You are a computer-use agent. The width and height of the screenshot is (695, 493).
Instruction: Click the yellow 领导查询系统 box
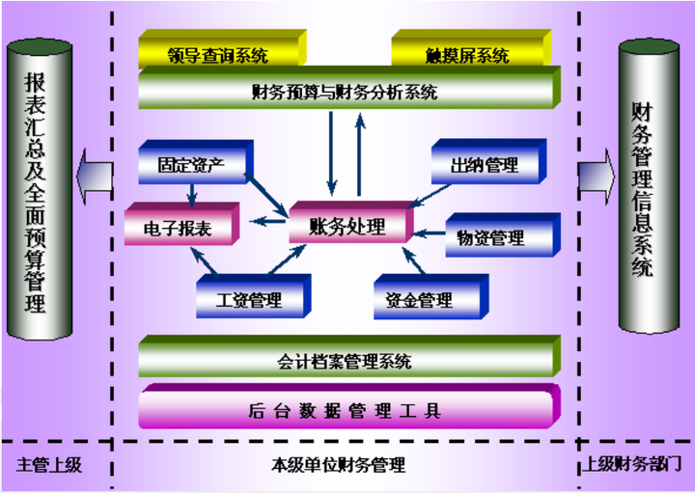[x=223, y=48]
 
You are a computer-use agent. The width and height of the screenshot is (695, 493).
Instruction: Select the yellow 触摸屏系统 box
[x=471, y=48]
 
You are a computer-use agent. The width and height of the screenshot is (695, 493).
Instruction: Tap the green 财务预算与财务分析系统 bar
[x=349, y=88]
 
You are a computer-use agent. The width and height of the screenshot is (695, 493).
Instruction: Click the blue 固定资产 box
[x=196, y=162]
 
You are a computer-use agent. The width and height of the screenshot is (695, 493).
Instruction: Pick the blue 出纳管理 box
[x=488, y=161]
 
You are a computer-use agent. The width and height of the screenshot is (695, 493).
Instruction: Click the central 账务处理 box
[x=351, y=222]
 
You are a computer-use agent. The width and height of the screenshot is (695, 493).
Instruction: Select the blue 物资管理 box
[x=503, y=234]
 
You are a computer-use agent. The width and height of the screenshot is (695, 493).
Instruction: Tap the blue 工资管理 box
[x=254, y=296]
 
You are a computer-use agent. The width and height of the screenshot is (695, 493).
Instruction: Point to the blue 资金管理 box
[x=431, y=297]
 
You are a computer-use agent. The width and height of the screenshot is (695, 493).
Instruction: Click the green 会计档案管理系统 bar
[x=349, y=357]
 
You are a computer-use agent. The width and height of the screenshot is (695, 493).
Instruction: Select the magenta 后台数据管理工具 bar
[x=349, y=406]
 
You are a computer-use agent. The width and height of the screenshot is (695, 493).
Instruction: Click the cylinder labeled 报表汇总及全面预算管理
[x=40, y=189]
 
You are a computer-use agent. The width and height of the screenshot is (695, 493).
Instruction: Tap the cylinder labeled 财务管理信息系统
[x=649, y=186]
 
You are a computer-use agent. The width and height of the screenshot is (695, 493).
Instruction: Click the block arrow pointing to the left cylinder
[x=95, y=177]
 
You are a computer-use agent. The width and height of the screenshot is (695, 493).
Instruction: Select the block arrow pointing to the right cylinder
[x=597, y=177]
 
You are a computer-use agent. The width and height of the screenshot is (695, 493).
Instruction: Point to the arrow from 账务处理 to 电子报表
[x=268, y=221]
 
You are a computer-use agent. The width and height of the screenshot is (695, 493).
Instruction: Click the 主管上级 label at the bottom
[x=49, y=465]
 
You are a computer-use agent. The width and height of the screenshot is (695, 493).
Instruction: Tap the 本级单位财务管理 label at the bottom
[x=338, y=465]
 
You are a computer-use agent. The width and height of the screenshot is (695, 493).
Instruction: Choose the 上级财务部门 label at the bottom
[x=631, y=465]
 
